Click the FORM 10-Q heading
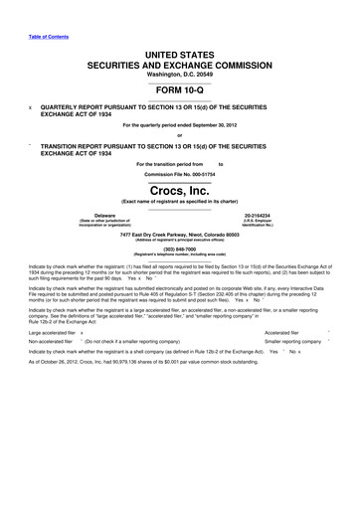[179, 86]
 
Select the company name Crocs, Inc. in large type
[179, 188]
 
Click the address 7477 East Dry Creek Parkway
[160, 234]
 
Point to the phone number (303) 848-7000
[179, 250]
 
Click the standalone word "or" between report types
[179, 135]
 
